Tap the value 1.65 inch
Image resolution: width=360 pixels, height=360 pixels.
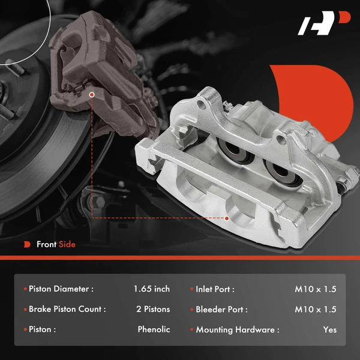[x=152, y=289]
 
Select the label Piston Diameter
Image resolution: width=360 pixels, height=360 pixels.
[x=61, y=289]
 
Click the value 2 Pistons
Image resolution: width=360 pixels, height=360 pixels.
[x=153, y=309]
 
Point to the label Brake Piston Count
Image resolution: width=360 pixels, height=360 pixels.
[x=67, y=309]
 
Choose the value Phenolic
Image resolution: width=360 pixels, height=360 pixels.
[x=154, y=329]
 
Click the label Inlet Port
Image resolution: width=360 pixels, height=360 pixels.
[x=215, y=289]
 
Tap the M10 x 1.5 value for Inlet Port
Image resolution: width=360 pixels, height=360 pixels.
[x=316, y=289]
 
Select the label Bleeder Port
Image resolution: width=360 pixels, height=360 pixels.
[x=221, y=309]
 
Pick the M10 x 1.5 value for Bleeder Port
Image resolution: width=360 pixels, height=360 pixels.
[x=316, y=309]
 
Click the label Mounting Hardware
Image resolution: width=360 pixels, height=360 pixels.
[x=237, y=329]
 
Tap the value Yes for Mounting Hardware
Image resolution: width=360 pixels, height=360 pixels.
[x=329, y=329]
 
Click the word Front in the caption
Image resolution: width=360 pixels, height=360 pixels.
[x=46, y=244]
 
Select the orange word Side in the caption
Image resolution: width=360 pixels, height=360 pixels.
[x=67, y=244]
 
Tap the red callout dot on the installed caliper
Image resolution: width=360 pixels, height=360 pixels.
[x=91, y=94]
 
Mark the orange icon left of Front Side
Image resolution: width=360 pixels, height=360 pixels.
[x=26, y=244]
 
